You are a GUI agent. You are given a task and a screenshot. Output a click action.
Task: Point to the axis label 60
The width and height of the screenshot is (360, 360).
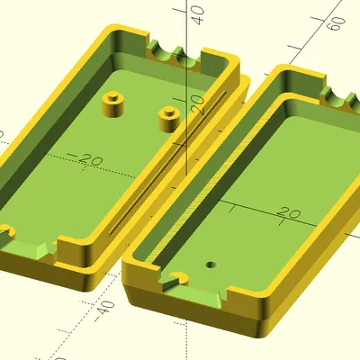pos(335,22)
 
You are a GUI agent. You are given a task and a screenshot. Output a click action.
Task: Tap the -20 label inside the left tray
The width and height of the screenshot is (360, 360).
pos(89,160)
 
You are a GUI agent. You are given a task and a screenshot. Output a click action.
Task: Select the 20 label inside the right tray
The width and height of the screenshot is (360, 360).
pos(288,213)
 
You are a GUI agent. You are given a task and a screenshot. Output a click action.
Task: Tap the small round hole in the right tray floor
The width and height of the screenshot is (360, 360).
pos(210,266)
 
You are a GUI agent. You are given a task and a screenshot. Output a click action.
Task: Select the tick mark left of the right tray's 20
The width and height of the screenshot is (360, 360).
pos(232,209)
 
